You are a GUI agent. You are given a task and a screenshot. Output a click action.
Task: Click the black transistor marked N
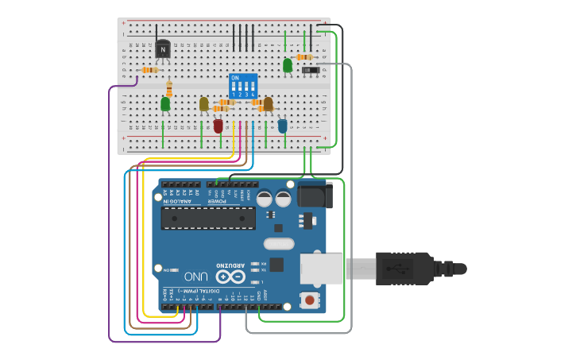click(163, 49)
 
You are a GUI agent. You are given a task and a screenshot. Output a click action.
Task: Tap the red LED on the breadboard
click(218, 126)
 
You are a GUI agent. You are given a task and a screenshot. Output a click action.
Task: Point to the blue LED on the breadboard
click(282, 126)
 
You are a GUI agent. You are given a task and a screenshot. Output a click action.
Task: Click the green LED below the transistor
click(165, 103)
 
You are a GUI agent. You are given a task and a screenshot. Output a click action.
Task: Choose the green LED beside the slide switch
click(288, 65)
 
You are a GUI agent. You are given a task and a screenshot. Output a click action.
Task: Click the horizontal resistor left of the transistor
click(148, 70)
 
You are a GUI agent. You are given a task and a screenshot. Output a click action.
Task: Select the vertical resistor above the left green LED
click(169, 87)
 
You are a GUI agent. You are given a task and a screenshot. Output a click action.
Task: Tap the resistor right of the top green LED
click(303, 57)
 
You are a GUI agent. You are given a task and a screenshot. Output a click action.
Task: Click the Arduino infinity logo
click(230, 277)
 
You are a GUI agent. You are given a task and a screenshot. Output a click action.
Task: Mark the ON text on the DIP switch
click(234, 78)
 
